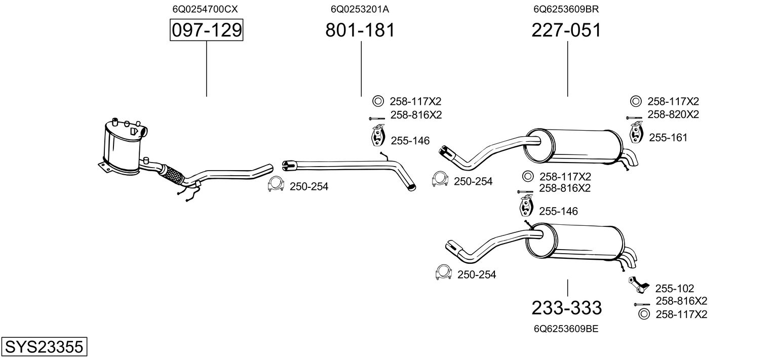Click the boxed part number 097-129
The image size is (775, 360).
point(206,30)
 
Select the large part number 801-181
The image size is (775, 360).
point(360,30)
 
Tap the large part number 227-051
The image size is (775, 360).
point(566,30)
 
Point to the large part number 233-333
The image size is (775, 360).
point(566,307)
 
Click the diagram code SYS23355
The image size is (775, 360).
point(44,347)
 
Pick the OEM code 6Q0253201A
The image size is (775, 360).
point(360,9)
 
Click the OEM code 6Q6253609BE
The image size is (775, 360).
point(566,329)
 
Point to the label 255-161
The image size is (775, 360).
point(668,137)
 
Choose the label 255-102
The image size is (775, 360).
point(675,288)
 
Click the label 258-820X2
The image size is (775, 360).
point(673,115)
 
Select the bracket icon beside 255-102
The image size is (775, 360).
point(638,285)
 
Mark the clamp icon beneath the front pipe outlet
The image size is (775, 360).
point(276,186)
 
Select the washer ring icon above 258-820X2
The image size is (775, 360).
point(635,101)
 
